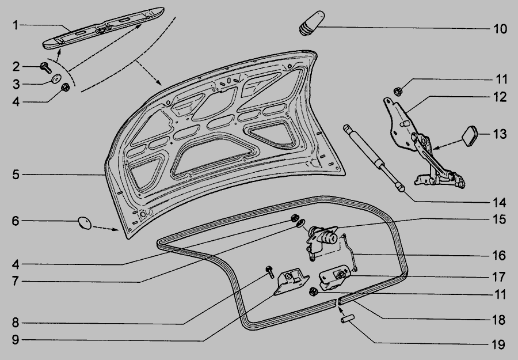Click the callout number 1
pos(16,25)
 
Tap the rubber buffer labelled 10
pos(312,23)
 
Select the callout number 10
pos(500,29)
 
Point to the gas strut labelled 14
pos(374,158)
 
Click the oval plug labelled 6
pos(85,222)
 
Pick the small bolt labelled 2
pos(45,67)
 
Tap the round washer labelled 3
pos(56,79)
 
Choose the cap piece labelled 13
pos(470,135)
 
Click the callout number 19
pos(498,345)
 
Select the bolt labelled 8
pos(271,272)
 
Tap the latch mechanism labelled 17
pos(334,278)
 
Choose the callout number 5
pos(16,175)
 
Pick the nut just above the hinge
pos(398,91)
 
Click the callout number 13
pos(500,134)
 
